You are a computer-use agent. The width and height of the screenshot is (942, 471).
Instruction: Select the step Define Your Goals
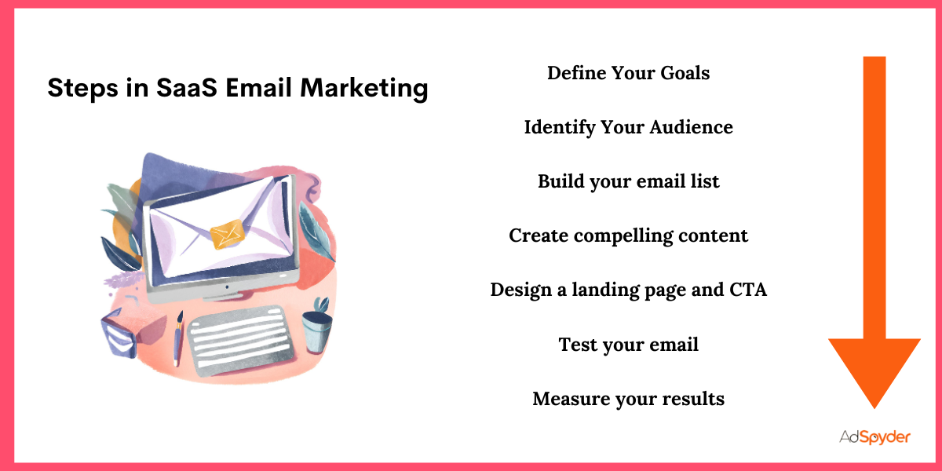[x=628, y=73]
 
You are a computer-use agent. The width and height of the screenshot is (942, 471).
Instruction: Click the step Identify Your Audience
[x=628, y=127]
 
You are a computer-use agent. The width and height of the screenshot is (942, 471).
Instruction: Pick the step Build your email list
[x=628, y=181]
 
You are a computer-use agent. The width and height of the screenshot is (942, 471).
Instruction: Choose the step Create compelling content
[x=628, y=235]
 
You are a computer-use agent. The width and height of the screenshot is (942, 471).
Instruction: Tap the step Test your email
[x=628, y=344]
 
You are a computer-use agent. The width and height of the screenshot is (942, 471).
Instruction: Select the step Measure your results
[x=628, y=399]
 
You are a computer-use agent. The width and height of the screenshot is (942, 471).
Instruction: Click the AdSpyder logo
[x=873, y=437]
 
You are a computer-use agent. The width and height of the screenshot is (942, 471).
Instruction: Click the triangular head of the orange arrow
[x=874, y=369]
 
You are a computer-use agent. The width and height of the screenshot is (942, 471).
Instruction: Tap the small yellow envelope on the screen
[x=228, y=232]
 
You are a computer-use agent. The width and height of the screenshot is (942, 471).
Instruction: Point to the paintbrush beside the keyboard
[x=179, y=338]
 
